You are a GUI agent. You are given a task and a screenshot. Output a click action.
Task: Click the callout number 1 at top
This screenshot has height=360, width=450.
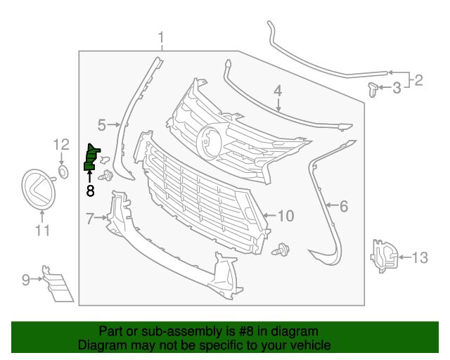pyautogui.click(x=161, y=37)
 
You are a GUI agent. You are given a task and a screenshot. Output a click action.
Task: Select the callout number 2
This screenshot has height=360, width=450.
pyautogui.click(x=418, y=80)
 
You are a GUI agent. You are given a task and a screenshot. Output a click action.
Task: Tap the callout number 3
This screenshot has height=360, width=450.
pyautogui.click(x=397, y=88)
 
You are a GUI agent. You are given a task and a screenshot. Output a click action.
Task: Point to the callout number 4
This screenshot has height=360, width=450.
pyautogui.click(x=278, y=91)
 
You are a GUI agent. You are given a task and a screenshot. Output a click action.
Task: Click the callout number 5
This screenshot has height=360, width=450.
pyautogui.click(x=101, y=125)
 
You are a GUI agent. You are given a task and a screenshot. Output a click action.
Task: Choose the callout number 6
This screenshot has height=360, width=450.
pyautogui.click(x=344, y=206)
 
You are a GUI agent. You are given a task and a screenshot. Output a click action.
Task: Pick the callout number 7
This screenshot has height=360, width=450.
pyautogui.click(x=90, y=219)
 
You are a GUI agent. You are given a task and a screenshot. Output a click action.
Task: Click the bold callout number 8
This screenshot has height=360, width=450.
pyautogui.click(x=90, y=189)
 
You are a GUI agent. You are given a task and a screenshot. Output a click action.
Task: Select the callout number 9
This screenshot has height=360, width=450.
pyautogui.click(x=26, y=280)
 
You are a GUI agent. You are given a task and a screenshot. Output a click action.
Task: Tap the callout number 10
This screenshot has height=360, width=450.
pyautogui.click(x=285, y=215)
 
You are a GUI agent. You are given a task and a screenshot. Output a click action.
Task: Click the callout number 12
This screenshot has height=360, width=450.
pyautogui.click(x=62, y=145)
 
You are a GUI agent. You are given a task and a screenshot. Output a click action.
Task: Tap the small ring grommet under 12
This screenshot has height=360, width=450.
pyautogui.click(x=63, y=171)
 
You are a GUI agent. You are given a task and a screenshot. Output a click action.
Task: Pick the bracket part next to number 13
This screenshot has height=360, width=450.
pyautogui.click(x=384, y=255)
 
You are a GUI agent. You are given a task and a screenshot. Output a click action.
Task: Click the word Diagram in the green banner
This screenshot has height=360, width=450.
pyautogui.click(x=102, y=345)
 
